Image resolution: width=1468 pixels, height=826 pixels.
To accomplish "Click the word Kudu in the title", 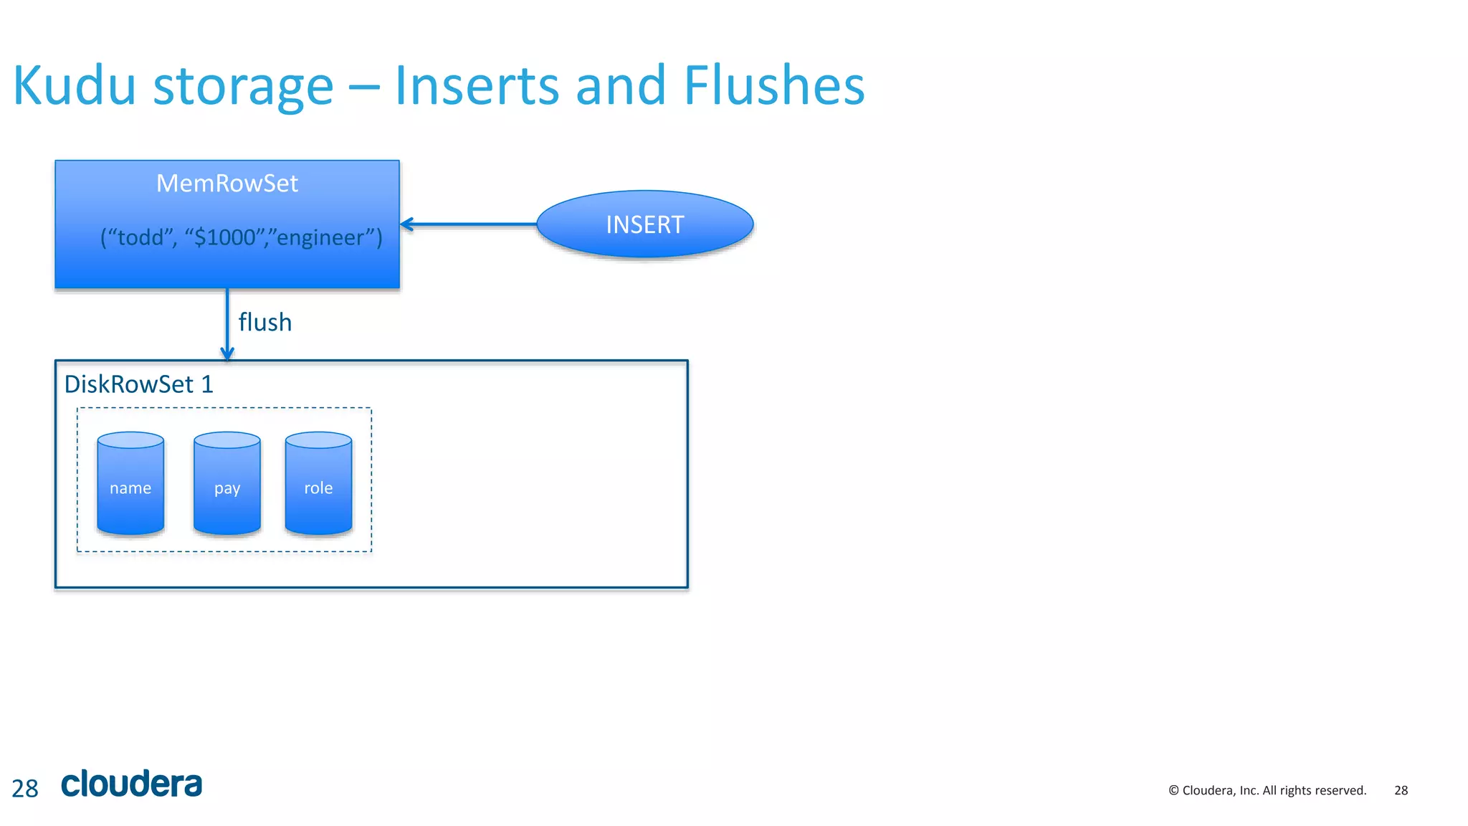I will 75,86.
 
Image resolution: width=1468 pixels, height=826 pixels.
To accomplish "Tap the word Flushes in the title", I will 774,86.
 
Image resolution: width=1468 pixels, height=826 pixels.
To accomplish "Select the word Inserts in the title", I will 477,86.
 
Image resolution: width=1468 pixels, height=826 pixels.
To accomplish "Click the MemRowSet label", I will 227,184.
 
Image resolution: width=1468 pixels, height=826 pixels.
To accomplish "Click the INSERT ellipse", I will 644,224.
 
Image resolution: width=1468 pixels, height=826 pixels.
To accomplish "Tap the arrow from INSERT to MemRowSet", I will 470,224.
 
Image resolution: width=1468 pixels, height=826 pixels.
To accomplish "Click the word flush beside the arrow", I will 264,323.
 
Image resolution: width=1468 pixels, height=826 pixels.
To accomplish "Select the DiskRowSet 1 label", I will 139,384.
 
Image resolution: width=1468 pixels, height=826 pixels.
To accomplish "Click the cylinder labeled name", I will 130,484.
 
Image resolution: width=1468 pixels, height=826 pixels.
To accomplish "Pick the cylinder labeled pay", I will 227,484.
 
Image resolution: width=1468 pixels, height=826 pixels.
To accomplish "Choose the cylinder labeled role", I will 318,484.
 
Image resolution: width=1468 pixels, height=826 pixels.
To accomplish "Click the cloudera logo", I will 132,784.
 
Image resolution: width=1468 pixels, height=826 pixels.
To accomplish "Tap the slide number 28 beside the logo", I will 25,789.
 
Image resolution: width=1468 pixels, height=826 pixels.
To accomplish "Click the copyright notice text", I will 1267,790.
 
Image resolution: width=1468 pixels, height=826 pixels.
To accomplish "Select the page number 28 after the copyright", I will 1401,790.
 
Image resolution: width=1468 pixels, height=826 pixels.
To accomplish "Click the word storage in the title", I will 244,86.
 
